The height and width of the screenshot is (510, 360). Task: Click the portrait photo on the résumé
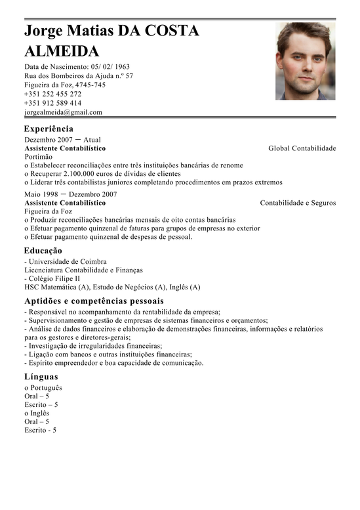pyautogui.click(x=305, y=61)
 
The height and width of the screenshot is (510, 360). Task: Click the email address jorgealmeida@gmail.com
pyautogui.click(x=63, y=112)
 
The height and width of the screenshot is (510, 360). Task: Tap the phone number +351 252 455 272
pyautogui.click(x=52, y=94)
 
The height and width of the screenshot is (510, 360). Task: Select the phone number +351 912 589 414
pyautogui.click(x=52, y=103)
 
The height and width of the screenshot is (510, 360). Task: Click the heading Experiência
pyautogui.click(x=49, y=129)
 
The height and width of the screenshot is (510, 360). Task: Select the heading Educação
pyautogui.click(x=43, y=251)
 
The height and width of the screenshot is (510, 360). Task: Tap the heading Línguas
pyautogui.click(x=41, y=377)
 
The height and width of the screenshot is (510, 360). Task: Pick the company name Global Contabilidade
pyautogui.click(x=302, y=148)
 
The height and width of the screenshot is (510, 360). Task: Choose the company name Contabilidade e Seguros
pyautogui.click(x=298, y=203)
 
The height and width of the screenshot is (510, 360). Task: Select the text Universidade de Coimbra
pyautogui.click(x=68, y=261)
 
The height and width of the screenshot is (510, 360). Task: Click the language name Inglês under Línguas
pyautogui.click(x=39, y=414)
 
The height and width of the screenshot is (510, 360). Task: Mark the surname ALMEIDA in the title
pyautogui.click(x=62, y=51)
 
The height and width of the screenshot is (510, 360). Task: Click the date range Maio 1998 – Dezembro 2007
pyautogui.click(x=70, y=194)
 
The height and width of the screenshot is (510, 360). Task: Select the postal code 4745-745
pyautogui.click(x=90, y=85)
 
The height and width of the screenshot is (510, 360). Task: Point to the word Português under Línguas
pyautogui.click(x=45, y=388)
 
